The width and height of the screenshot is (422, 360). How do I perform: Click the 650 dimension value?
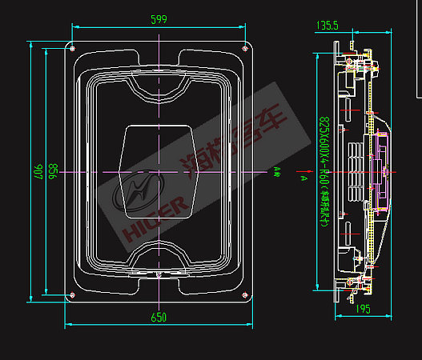pos(159,317)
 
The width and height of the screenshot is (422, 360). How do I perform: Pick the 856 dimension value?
pos(52,171)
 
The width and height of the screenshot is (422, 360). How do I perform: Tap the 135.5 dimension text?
pos(327,26)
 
